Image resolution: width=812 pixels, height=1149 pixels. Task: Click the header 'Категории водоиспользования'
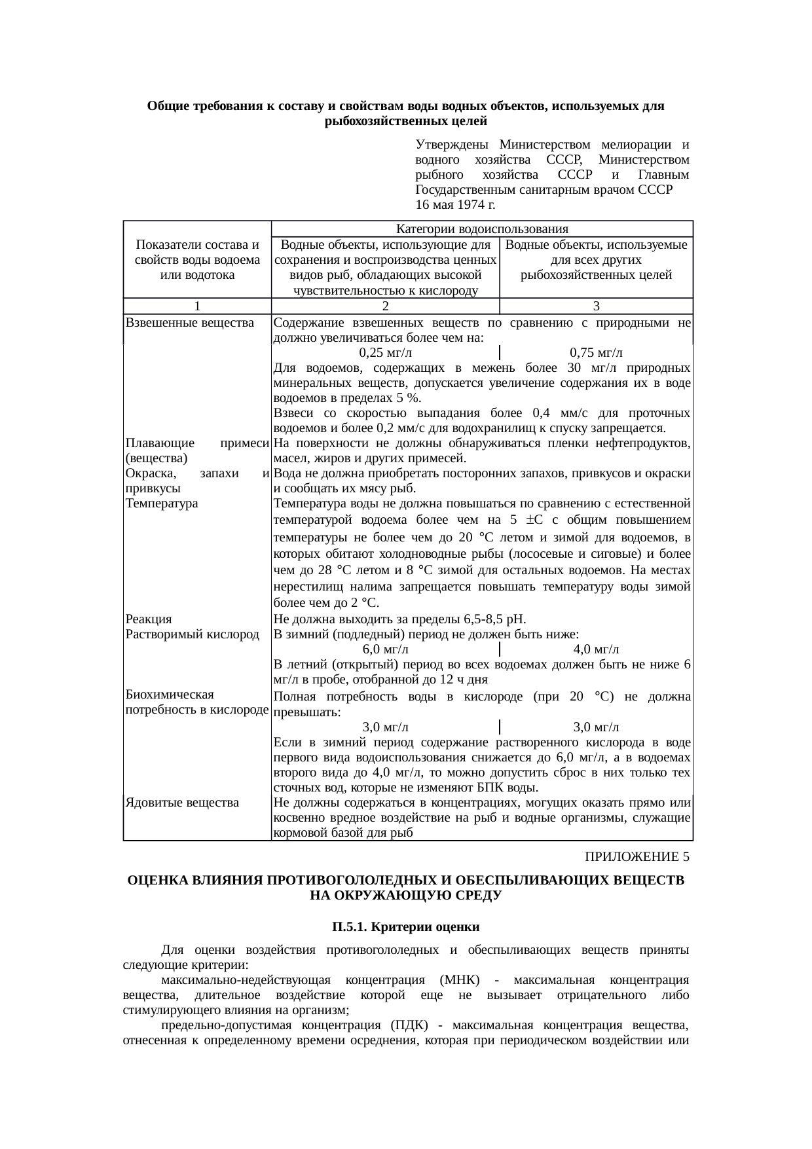(482, 229)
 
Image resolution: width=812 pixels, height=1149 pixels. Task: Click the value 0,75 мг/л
(596, 352)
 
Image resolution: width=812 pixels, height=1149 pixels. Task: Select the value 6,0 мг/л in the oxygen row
(386, 649)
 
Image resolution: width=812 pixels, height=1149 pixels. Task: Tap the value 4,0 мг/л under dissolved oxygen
(596, 649)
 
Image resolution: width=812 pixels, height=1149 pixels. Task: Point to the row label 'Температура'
(160, 503)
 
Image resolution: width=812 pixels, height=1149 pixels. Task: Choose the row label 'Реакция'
(149, 619)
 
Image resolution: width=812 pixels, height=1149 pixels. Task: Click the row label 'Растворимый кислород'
(192, 634)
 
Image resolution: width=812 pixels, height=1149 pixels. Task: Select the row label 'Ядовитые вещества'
(181, 802)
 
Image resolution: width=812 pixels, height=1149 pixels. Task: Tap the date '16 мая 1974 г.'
(455, 205)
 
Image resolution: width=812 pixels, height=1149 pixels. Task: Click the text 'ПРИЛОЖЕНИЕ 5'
(637, 857)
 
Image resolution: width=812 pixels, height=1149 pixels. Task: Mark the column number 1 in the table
(197, 306)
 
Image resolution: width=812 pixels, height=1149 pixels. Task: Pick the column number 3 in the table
(596, 306)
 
